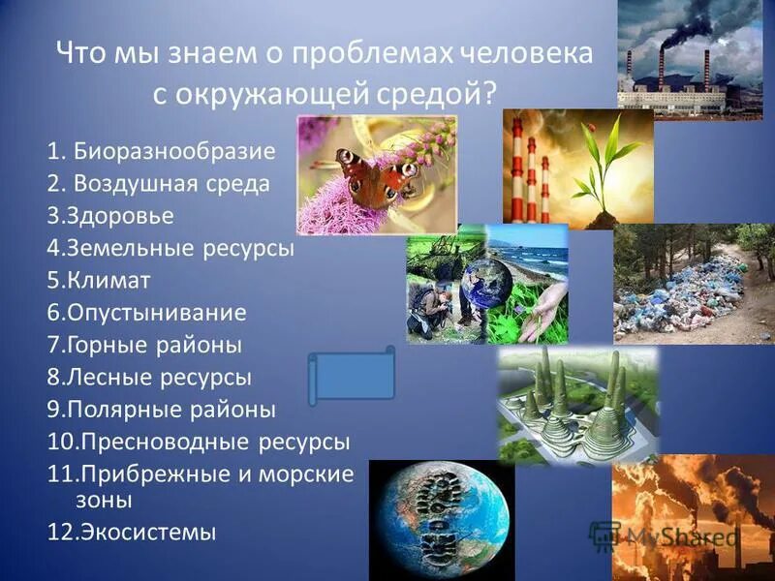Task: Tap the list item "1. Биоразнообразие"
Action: pos(161,151)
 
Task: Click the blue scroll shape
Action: pos(351,377)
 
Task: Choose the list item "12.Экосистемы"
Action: pos(132,531)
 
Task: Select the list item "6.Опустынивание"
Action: pos(146,313)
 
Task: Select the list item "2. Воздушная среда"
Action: pos(158,183)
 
